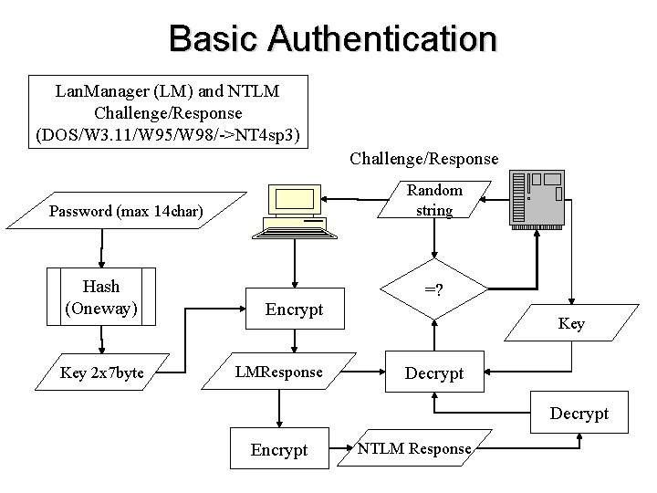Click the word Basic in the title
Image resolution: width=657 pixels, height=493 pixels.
(213, 38)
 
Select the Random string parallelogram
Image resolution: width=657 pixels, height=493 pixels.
(433, 201)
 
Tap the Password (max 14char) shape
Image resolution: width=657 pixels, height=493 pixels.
(128, 212)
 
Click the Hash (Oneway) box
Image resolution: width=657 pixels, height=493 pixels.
(100, 297)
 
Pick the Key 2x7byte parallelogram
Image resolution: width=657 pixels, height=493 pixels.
(101, 373)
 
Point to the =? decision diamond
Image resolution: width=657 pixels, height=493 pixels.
(433, 290)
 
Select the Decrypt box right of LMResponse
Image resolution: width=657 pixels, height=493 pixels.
(434, 373)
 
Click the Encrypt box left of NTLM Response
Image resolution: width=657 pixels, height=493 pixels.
(279, 449)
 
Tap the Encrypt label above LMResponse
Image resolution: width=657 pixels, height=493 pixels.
(294, 309)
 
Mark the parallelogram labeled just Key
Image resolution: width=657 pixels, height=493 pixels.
(571, 324)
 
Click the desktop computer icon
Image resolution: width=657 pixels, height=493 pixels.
(295, 211)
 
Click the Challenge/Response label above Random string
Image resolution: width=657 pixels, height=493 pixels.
(424, 159)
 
